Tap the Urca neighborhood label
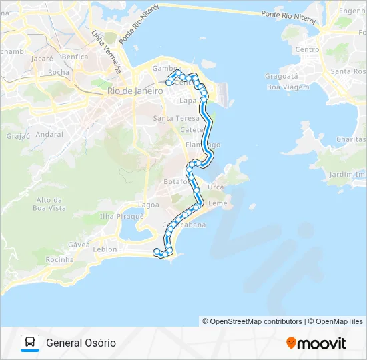click(216, 187)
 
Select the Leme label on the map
click(218, 203)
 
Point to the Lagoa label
click(147, 205)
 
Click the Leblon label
click(105, 249)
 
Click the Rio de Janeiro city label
click(135, 91)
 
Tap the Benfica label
click(75, 57)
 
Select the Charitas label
click(351, 139)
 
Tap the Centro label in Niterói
click(307, 49)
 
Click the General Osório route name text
click(81, 343)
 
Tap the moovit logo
click(316, 343)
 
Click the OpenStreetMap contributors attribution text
click(252, 321)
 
